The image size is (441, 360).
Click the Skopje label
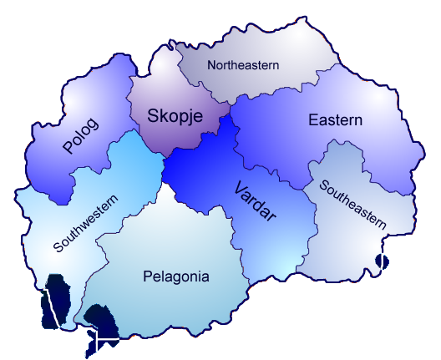(x=175, y=116)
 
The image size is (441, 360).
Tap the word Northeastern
(x=243, y=64)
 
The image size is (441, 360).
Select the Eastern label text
(x=335, y=120)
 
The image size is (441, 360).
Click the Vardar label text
(x=254, y=200)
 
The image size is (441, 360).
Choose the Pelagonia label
(x=175, y=276)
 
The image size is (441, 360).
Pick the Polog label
(x=80, y=136)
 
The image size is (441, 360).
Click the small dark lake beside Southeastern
(x=383, y=262)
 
